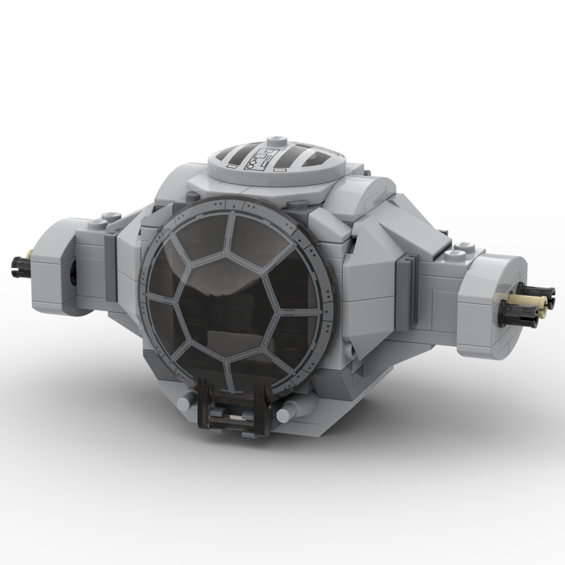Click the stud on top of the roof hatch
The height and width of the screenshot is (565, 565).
click(273, 141)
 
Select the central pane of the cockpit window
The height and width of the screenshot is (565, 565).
click(229, 306)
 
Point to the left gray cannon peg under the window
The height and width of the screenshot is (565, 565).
click(186, 402)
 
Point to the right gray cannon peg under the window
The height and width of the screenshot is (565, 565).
click(284, 414)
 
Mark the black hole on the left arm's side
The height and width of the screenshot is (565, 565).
click(73, 274)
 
